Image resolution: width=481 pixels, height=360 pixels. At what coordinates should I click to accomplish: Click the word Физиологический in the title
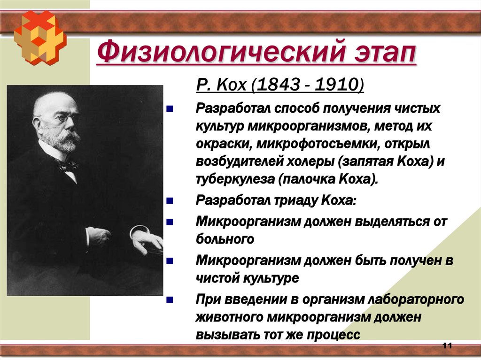point(207,52)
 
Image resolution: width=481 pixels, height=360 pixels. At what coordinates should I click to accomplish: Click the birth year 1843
point(272,86)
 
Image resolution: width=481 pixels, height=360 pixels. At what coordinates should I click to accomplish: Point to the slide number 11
point(447,346)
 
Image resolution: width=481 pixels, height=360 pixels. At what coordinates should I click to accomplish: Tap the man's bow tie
point(66,165)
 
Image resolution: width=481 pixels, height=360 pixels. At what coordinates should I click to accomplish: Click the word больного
point(225,239)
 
